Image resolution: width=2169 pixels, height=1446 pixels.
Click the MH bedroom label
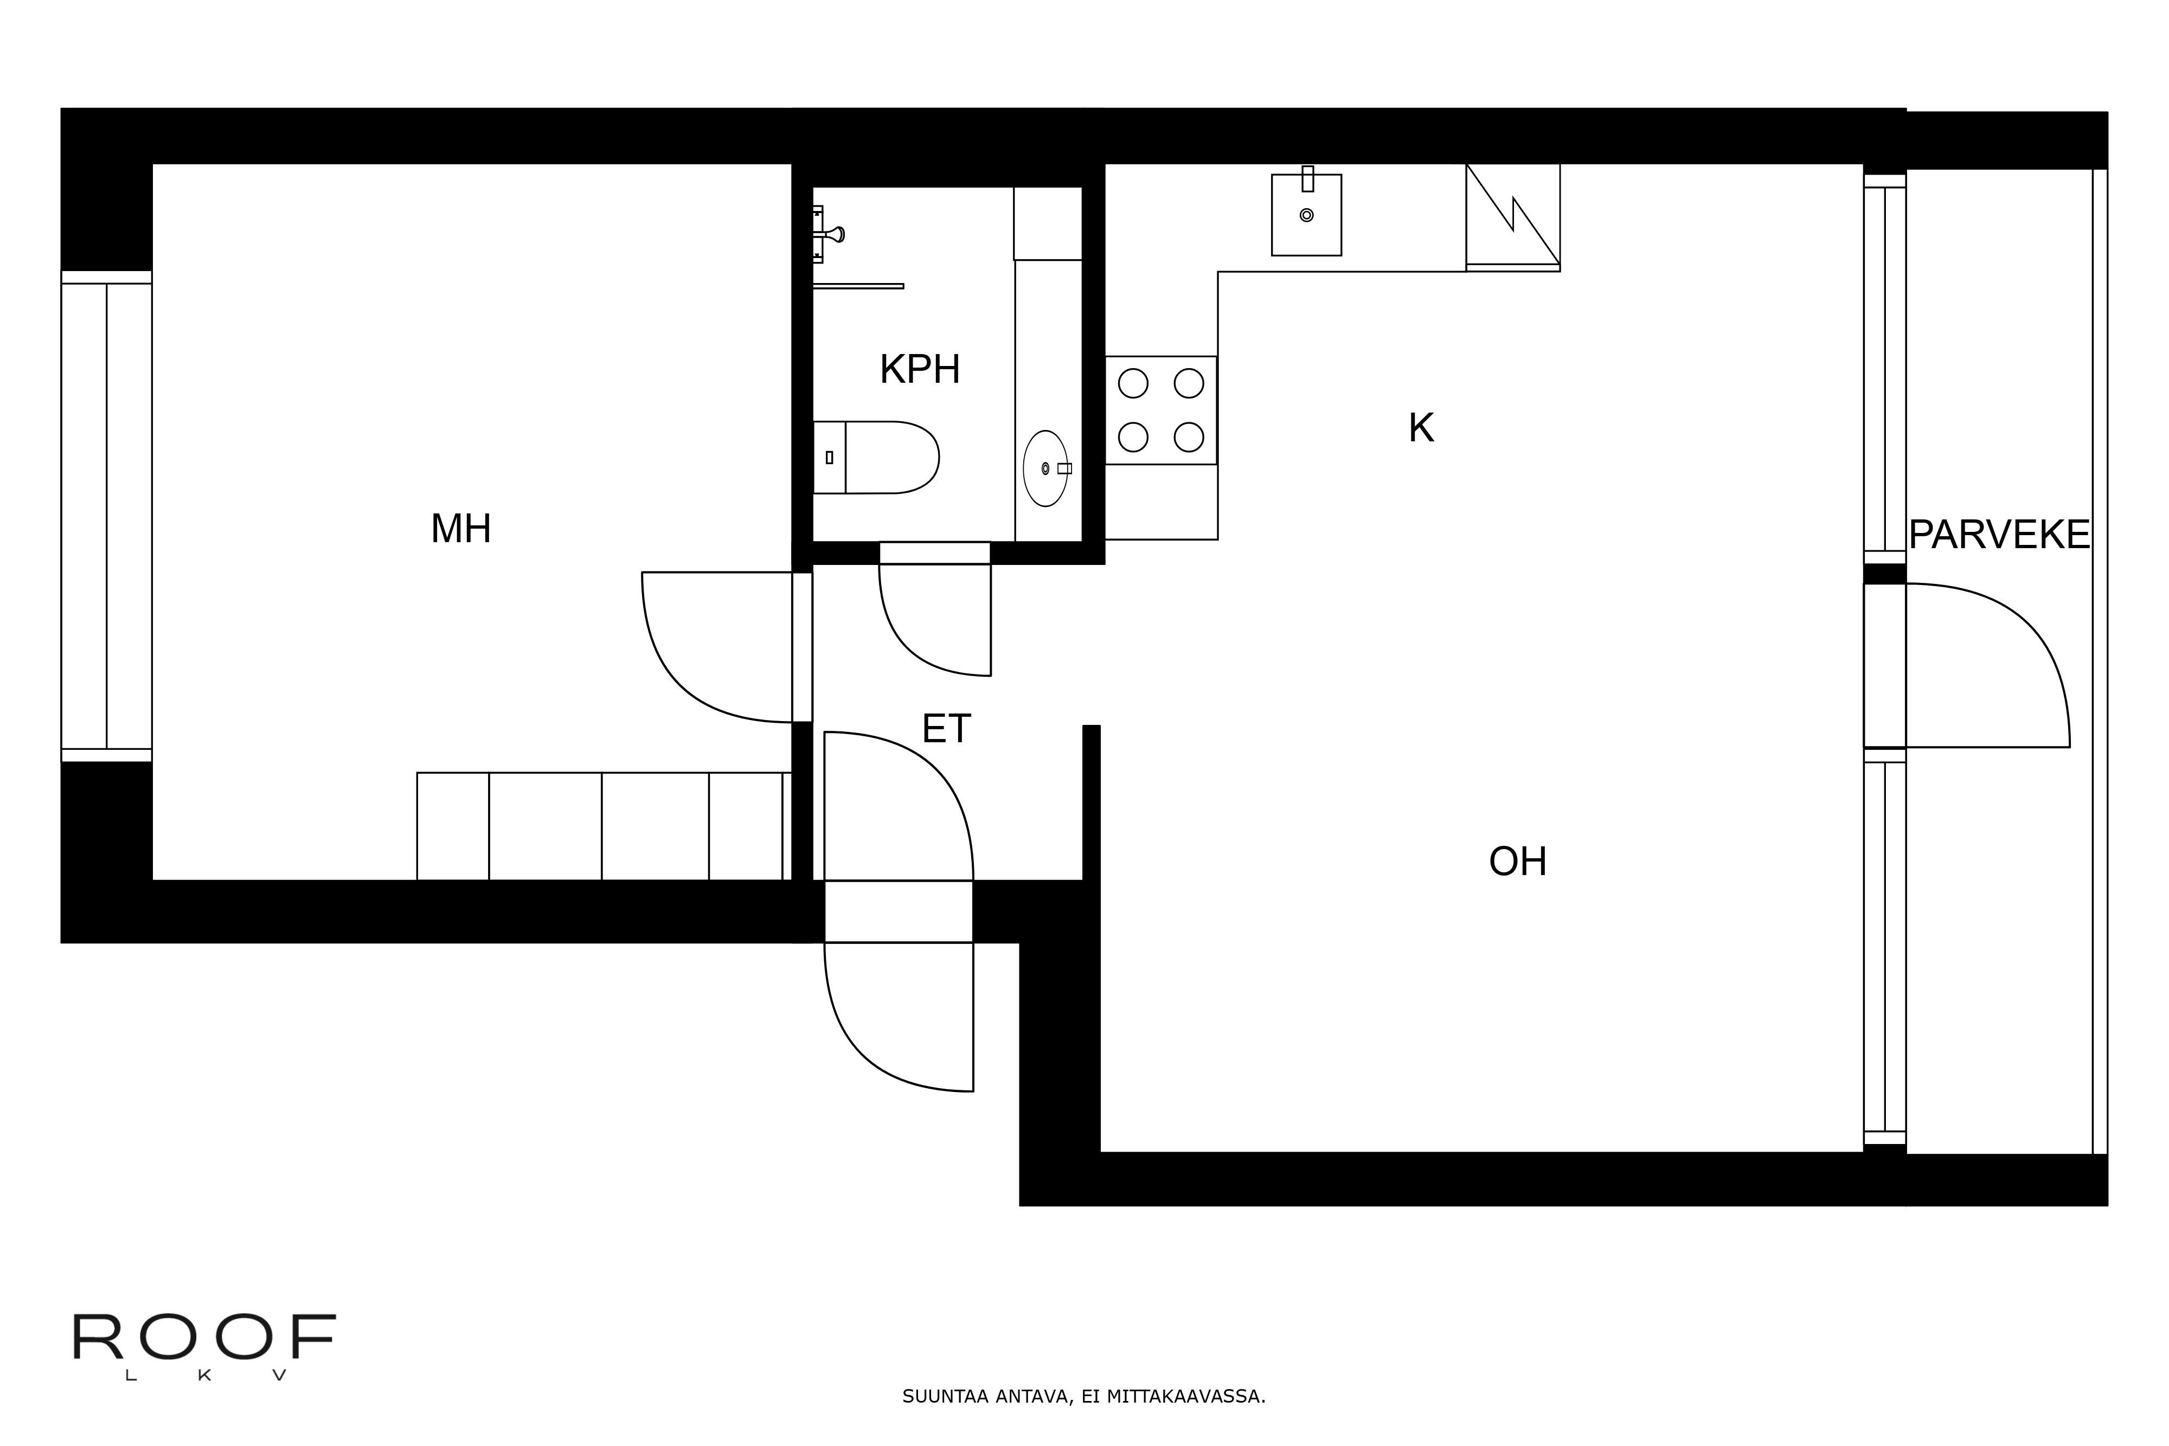coord(460,529)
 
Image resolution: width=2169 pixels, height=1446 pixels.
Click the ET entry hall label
coord(946,729)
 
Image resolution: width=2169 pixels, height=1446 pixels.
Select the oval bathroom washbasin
coord(1045,468)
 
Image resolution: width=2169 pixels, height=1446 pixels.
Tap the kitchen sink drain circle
coord(1306,215)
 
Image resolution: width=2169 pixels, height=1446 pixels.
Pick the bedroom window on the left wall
coord(106,516)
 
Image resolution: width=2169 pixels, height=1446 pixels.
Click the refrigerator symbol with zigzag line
coord(1512,217)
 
